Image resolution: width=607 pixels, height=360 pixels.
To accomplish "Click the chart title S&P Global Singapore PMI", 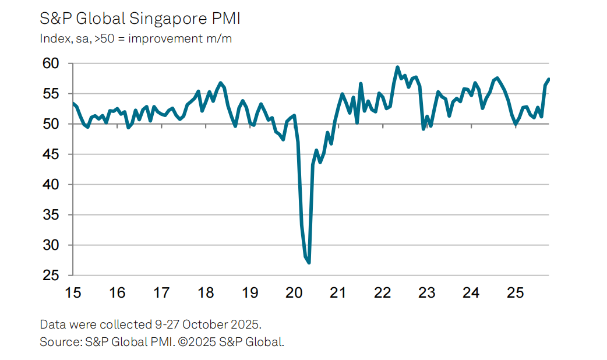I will click(x=140, y=19).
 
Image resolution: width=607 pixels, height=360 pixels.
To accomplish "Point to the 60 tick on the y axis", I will click(x=51, y=63).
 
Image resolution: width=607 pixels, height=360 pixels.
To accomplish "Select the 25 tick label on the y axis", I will click(x=51, y=276).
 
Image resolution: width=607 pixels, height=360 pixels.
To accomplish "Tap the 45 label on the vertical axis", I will click(x=51, y=154).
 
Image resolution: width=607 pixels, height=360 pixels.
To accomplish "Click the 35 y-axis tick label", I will click(x=51, y=215).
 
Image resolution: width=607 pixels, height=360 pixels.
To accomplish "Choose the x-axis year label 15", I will click(x=73, y=292).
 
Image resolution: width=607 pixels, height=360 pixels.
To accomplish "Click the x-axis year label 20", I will click(x=294, y=292).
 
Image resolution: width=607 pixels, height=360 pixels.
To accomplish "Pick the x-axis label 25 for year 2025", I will click(x=515, y=292).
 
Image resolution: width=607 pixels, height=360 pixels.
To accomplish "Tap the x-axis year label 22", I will click(x=382, y=292).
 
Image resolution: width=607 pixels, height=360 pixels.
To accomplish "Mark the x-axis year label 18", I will click(x=206, y=292).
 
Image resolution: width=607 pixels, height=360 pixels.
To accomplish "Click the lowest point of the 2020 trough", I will click(x=308, y=263).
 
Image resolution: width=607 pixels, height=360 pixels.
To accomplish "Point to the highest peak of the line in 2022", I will click(x=397, y=67).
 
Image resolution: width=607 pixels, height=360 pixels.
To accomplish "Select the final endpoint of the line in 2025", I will click(x=549, y=79).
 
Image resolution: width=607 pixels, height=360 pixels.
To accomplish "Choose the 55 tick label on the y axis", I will click(x=51, y=94).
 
